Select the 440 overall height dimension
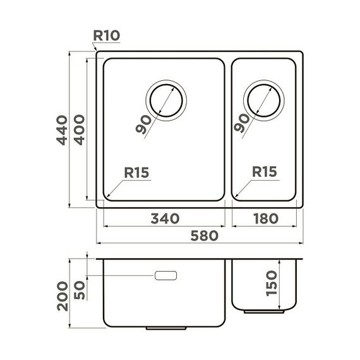click(62, 129)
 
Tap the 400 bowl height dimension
click(79, 129)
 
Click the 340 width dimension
click(165, 219)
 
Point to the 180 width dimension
click(265, 219)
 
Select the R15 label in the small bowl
click(264, 172)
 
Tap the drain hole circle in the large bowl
click(166, 101)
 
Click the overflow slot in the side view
click(165, 276)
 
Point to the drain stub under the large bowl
click(165, 329)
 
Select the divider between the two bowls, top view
click(228, 129)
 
